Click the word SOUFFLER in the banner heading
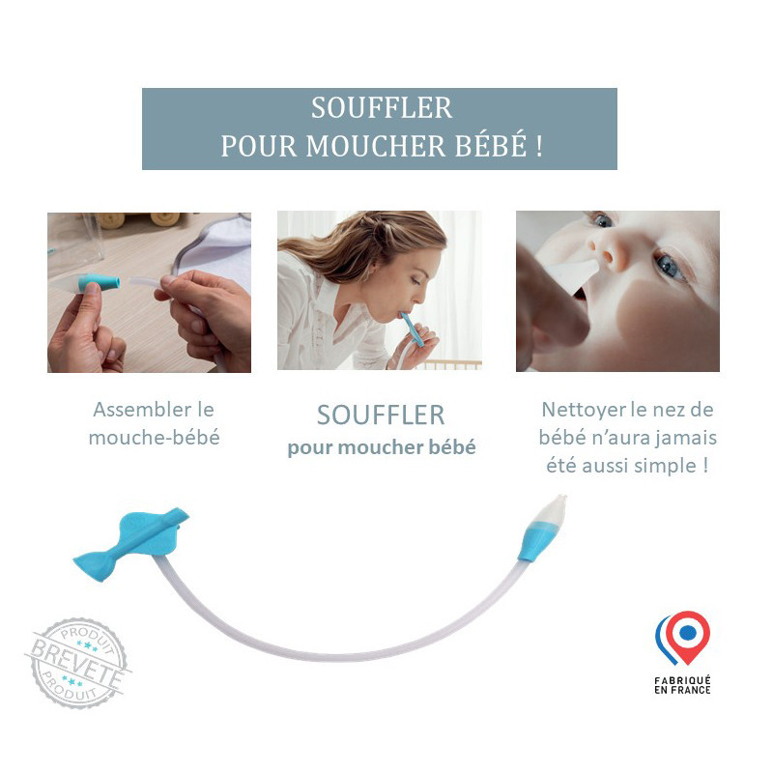click(381, 108)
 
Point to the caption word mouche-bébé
click(154, 437)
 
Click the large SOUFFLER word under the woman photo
click(381, 415)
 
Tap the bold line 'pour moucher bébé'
click(381, 448)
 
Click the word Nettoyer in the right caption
click(582, 409)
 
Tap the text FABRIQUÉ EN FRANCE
click(683, 685)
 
